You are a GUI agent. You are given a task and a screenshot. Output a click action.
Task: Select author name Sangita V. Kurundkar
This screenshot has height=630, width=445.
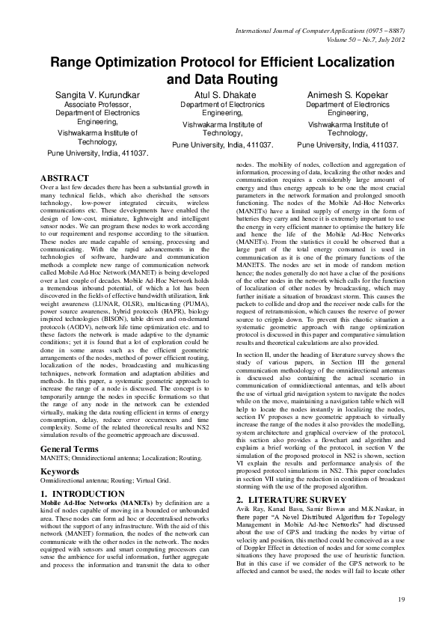click(97, 96)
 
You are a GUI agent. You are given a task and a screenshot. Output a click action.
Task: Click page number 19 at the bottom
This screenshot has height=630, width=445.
click(400, 599)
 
